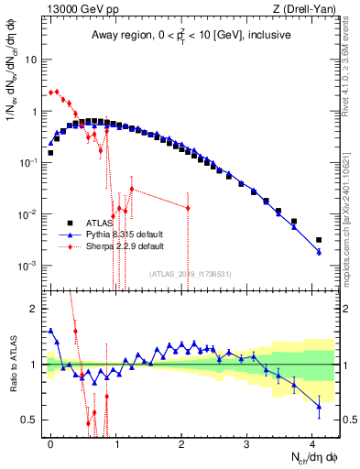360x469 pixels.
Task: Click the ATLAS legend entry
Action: (x=95, y=223)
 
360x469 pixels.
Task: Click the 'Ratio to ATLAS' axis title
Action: (x=13, y=364)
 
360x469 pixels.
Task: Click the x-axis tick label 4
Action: (x=312, y=443)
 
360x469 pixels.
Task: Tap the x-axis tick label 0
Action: (x=51, y=443)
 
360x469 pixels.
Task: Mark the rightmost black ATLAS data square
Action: (x=319, y=240)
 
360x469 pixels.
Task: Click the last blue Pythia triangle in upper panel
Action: (x=319, y=251)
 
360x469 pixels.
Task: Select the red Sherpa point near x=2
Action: (x=188, y=207)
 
